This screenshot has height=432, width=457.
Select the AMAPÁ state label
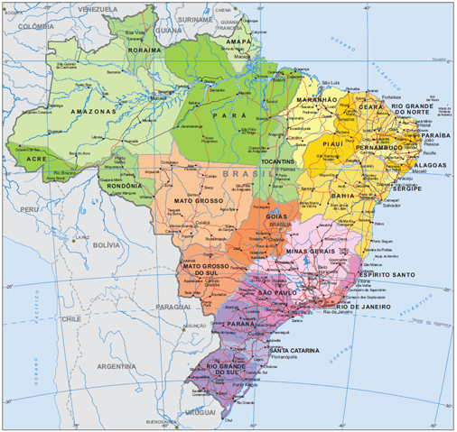click(238, 41)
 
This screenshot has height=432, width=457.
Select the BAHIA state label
click(343, 195)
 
